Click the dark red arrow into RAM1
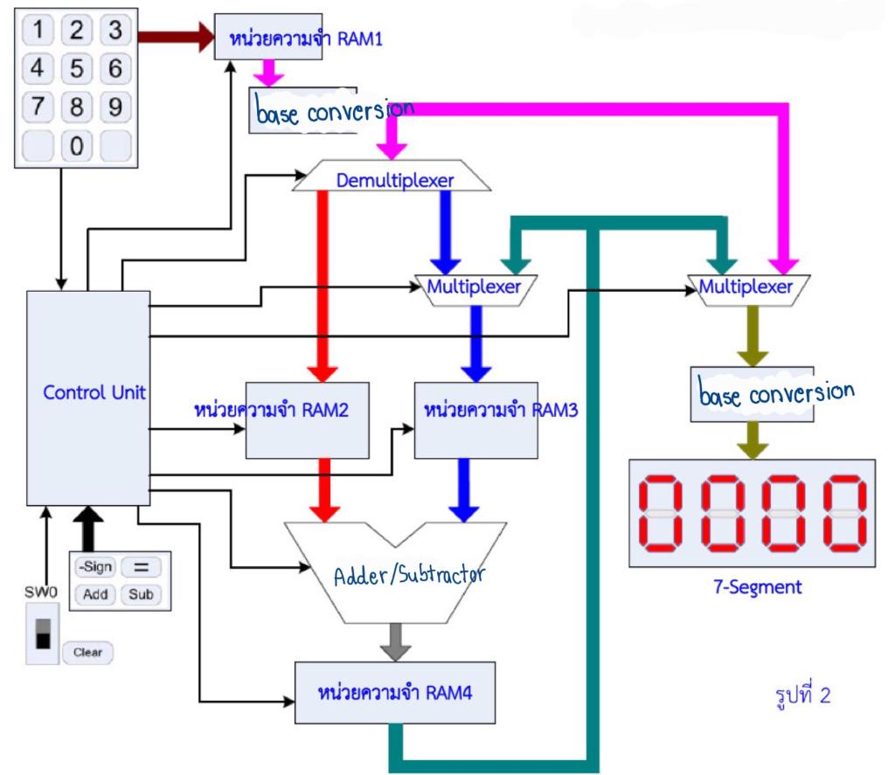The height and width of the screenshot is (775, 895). point(175,37)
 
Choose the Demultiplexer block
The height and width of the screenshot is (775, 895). point(394,180)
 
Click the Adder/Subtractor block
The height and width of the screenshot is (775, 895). point(397,572)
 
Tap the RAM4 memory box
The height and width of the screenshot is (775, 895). point(395,692)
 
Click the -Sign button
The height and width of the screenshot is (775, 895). point(94,567)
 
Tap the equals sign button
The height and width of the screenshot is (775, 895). point(142,567)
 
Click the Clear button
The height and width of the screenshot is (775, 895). point(87,652)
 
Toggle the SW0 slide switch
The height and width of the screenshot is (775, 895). point(42,633)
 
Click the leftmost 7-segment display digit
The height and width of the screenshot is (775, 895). point(667,514)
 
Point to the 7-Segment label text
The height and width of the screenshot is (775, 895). point(756,587)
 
